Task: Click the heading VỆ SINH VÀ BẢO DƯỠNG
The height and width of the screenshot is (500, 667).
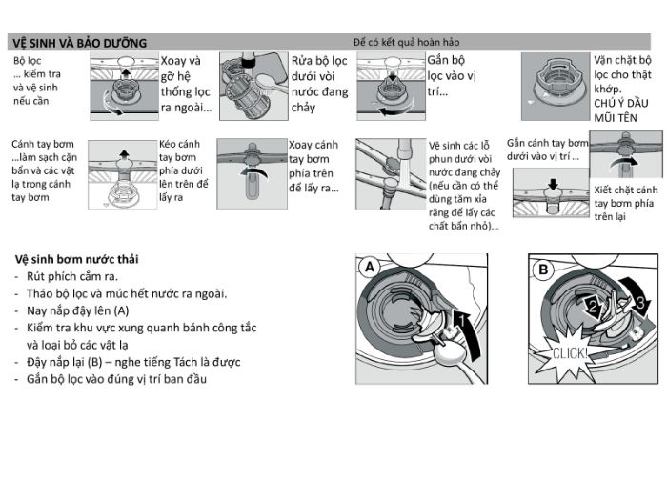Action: point(77,43)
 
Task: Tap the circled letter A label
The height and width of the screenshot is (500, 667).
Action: point(369,269)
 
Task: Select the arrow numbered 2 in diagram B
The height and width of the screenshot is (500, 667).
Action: point(592,306)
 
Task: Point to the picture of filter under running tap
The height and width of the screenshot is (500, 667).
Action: point(253,86)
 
